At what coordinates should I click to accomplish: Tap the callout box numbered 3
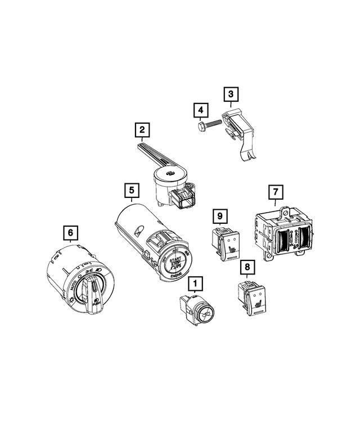231,95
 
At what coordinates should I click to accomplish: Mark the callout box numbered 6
70,232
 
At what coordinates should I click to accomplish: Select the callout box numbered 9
220,215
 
